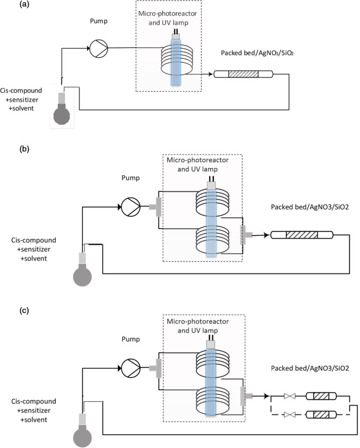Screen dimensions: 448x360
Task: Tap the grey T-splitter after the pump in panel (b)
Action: [x=154, y=206]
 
